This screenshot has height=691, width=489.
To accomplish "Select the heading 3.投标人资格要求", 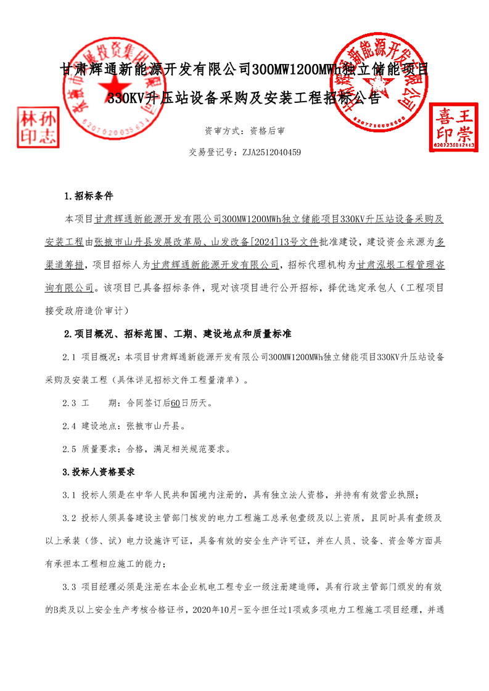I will click(99, 472).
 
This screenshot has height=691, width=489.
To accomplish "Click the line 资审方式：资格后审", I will click(244, 131).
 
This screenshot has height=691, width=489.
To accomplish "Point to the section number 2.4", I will click(70, 426).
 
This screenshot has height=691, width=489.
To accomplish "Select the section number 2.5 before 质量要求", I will click(70, 449).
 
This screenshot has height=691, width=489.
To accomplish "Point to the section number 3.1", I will click(70, 495).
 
